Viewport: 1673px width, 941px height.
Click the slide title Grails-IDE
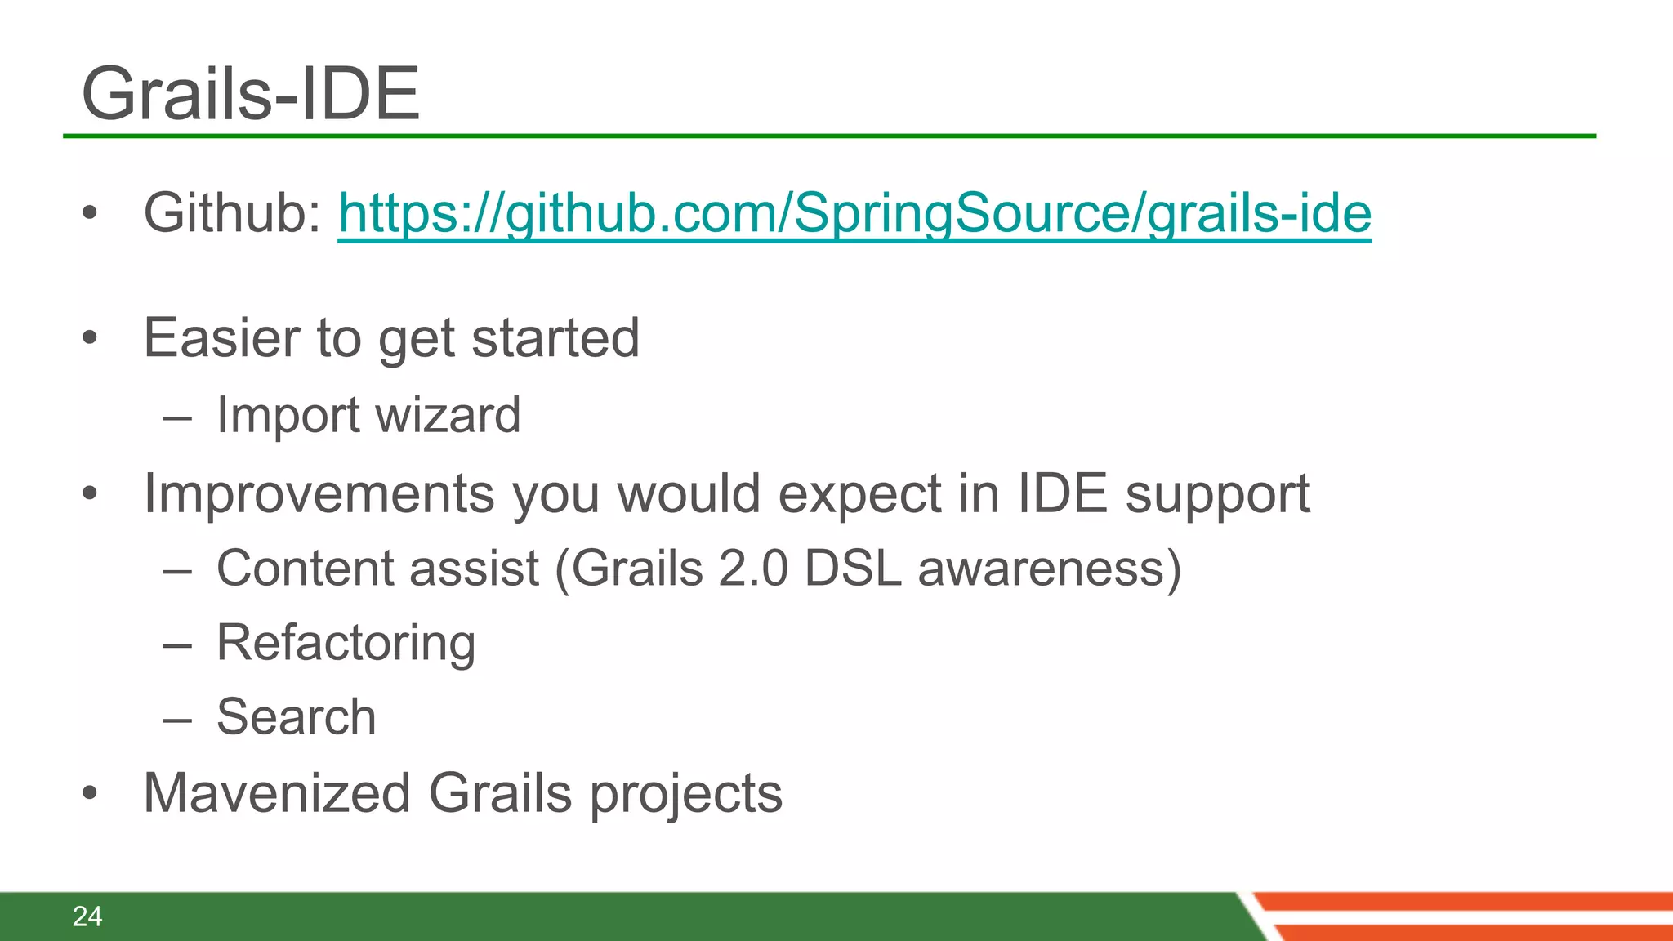[250, 94]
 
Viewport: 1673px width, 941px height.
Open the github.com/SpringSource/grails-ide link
[854, 213]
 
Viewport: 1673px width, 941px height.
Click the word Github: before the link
[234, 212]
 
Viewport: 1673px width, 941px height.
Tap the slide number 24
[87, 916]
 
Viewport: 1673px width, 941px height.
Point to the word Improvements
[319, 493]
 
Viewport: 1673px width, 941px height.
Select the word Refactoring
[346, 643]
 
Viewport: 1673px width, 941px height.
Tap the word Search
[296, 717]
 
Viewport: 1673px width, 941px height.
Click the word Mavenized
[277, 793]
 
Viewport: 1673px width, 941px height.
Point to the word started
[555, 337]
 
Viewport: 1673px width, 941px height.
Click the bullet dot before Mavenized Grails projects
[90, 793]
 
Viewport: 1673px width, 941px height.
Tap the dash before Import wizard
[177, 418]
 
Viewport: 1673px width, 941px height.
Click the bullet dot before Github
[90, 214]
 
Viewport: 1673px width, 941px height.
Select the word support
[1217, 495]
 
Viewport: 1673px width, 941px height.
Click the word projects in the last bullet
[686, 795]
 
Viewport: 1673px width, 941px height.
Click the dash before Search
[177, 720]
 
